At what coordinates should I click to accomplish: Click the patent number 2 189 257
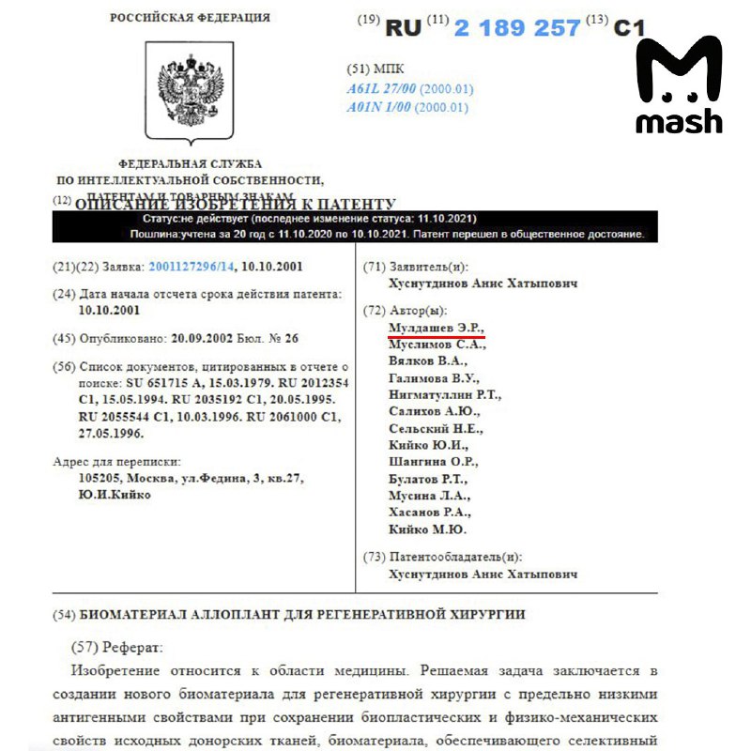(517, 28)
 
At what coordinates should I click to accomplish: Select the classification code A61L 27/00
(381, 89)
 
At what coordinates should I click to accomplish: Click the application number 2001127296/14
(187, 267)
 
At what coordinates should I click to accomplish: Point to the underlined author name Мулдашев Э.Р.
(436, 327)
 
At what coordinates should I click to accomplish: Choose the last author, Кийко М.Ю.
(427, 529)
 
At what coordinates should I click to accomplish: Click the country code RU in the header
(404, 28)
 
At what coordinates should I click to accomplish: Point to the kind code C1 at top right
(629, 28)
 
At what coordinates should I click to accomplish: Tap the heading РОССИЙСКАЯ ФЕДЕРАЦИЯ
(190, 18)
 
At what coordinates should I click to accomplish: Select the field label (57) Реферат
(116, 648)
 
